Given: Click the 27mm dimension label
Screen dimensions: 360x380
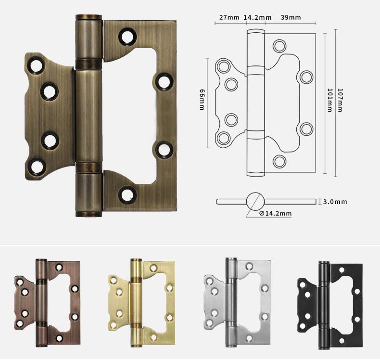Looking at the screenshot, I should pyautogui.click(x=229, y=18).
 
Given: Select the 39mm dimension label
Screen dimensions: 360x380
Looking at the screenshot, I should pyautogui.click(x=291, y=18).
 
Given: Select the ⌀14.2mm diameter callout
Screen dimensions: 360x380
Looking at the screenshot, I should pyautogui.click(x=275, y=213).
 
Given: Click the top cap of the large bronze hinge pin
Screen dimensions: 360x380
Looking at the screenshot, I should pyautogui.click(x=89, y=18).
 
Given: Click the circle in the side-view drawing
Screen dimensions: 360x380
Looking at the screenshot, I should pyautogui.click(x=255, y=201).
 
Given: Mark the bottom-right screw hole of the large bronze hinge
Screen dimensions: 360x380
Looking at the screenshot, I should pyautogui.click(x=127, y=194).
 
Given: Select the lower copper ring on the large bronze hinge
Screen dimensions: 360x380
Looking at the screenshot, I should pyautogui.click(x=89, y=167).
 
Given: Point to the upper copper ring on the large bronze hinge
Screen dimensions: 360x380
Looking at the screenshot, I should pyautogui.click(x=89, y=63).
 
